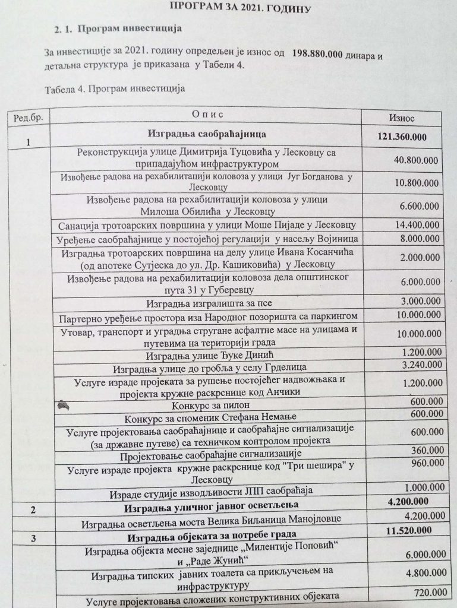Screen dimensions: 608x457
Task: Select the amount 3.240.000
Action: [420, 364]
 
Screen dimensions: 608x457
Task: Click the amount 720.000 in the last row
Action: [431, 593]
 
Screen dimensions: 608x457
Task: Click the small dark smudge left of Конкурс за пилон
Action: [64, 405]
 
